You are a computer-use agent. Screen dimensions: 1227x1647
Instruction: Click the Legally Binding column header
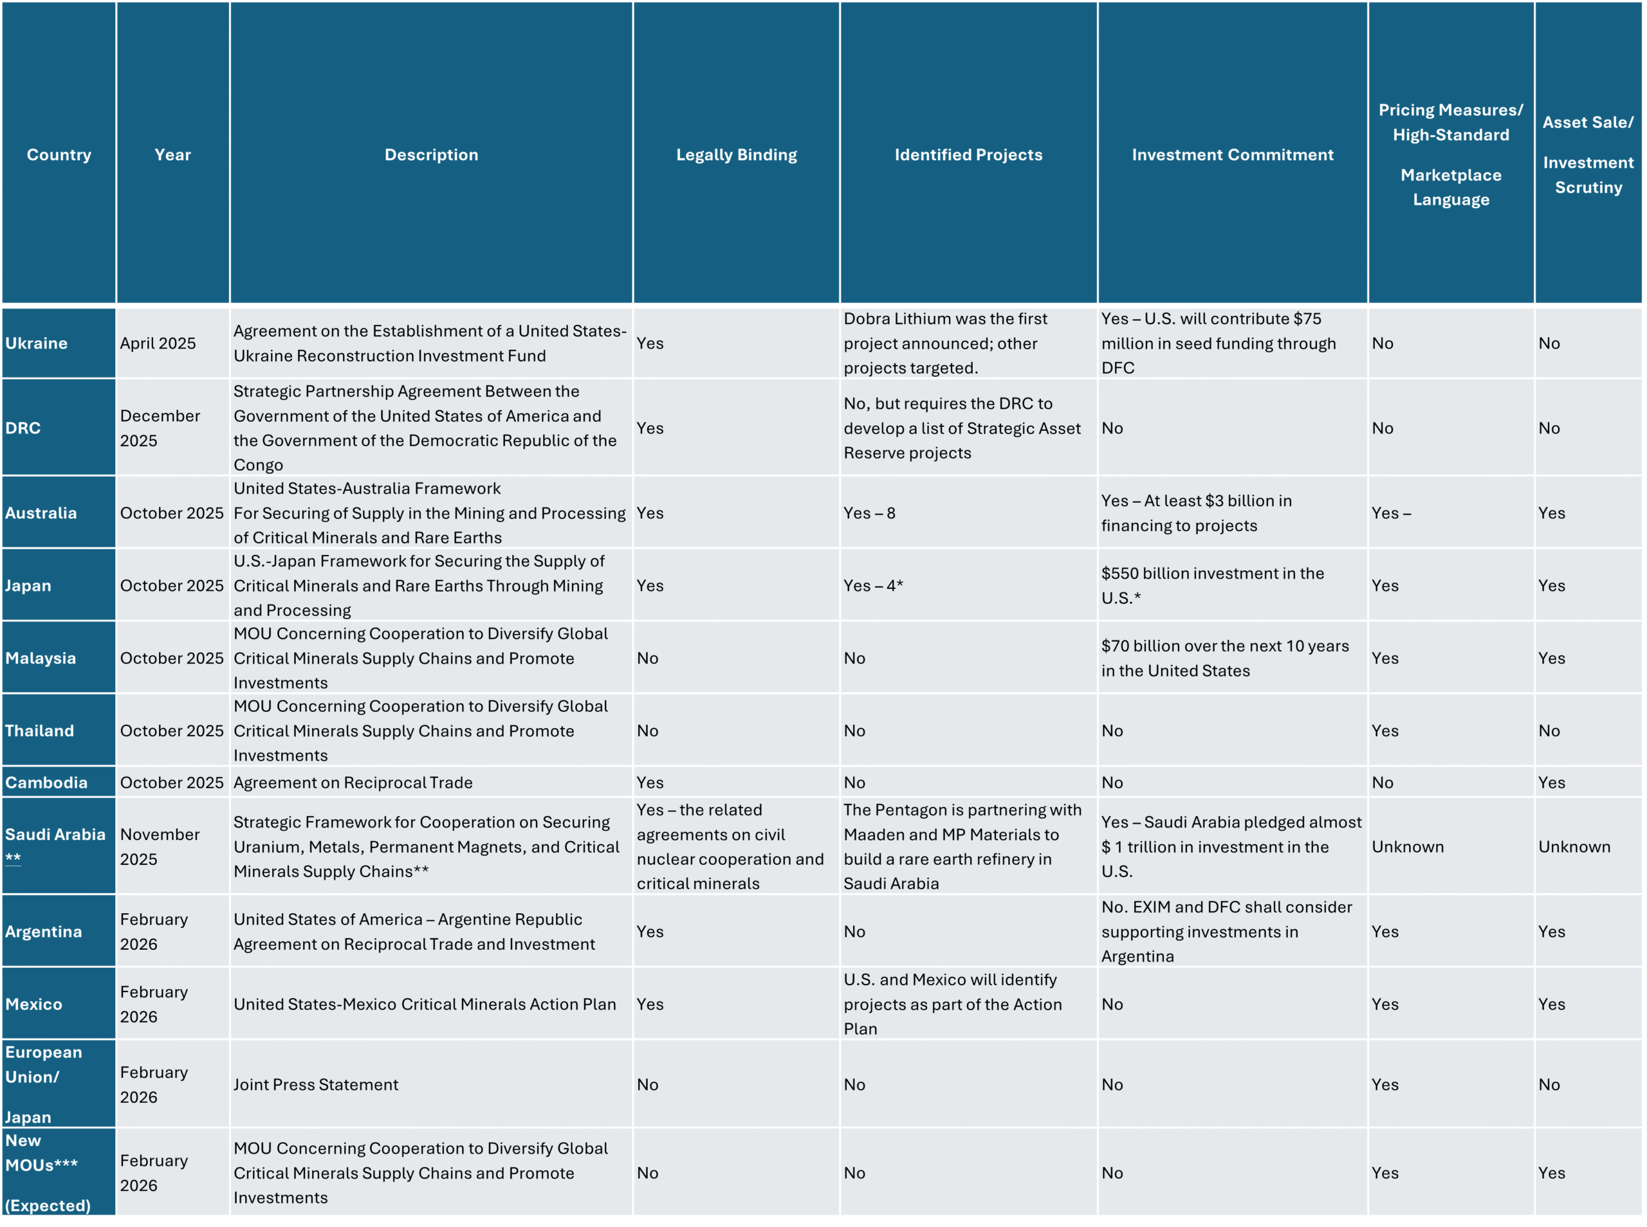coord(735,154)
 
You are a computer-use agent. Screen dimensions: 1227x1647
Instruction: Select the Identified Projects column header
coord(968,154)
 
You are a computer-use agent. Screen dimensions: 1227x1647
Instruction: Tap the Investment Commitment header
coord(1232,154)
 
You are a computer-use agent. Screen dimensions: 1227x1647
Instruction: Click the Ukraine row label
coord(37,343)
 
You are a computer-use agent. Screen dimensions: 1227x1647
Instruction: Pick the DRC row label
coord(23,428)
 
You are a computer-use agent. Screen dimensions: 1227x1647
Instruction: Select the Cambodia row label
coord(46,782)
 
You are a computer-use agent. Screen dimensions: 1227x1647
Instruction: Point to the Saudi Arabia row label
coord(55,835)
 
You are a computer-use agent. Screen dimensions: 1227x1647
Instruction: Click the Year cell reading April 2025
coord(158,343)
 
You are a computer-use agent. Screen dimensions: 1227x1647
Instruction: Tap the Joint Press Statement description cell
coord(316,1084)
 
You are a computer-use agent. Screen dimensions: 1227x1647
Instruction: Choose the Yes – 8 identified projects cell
coord(869,513)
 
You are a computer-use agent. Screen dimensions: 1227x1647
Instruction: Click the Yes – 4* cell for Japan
coord(873,585)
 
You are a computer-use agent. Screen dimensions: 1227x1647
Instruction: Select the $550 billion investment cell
coord(1211,585)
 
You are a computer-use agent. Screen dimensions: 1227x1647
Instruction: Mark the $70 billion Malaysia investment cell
coord(1224,658)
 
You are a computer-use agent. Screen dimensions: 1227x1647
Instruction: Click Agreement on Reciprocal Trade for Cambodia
coord(353,782)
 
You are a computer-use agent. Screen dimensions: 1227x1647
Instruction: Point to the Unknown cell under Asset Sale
coord(1574,847)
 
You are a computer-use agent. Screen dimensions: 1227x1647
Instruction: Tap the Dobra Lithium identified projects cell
coord(945,343)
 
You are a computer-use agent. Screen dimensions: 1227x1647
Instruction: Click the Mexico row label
coord(33,1004)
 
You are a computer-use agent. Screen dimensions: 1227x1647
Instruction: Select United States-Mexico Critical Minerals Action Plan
coord(424,1004)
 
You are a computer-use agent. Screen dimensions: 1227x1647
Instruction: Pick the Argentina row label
coord(43,931)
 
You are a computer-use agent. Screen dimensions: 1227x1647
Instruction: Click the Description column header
coord(431,154)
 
